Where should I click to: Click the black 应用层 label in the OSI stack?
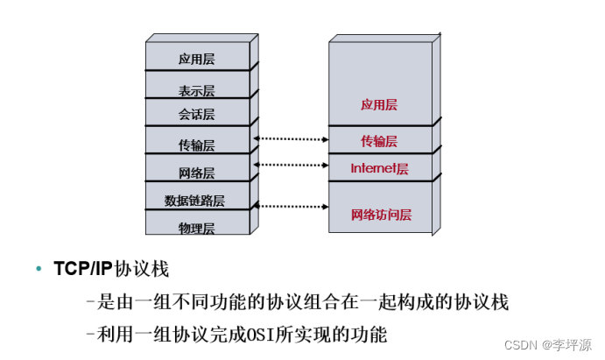point(197,60)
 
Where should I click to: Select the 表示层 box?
point(197,88)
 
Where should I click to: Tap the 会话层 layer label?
point(197,115)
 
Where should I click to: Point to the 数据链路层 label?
point(194,201)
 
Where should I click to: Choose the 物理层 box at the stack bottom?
point(197,227)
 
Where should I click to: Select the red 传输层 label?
point(379,141)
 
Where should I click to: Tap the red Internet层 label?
point(379,168)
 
